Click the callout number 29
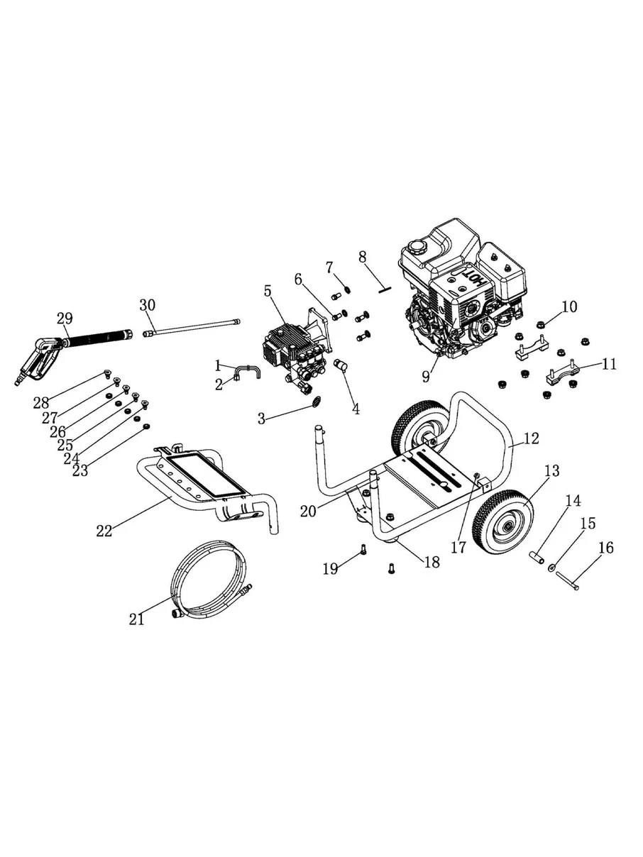click(x=65, y=319)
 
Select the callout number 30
click(x=148, y=305)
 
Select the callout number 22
click(x=104, y=531)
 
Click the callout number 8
click(x=363, y=258)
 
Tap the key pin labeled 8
click(x=385, y=289)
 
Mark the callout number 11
click(x=609, y=364)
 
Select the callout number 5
click(x=268, y=292)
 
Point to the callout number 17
click(x=458, y=548)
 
